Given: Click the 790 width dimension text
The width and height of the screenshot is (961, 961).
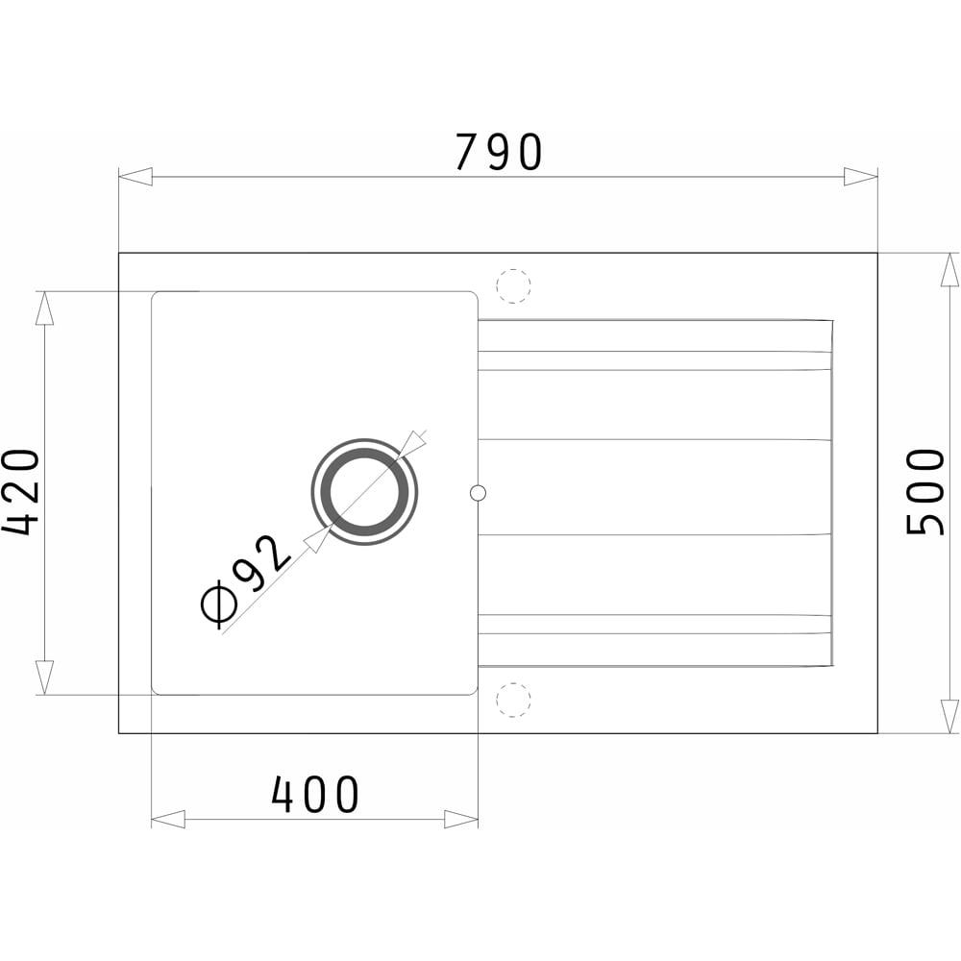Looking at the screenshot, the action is [x=499, y=152].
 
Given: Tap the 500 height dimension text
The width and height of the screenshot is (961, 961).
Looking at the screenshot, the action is [x=925, y=492].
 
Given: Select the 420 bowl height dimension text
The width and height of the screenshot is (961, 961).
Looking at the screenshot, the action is [x=20, y=492].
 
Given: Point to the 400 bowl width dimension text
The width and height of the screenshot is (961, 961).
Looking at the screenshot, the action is [x=315, y=795].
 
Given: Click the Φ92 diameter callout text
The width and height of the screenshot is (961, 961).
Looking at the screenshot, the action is [x=245, y=582].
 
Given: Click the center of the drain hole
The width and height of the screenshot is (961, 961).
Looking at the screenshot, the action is [x=364, y=491].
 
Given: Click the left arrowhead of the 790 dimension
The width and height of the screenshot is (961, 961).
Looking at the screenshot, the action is [x=136, y=177].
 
